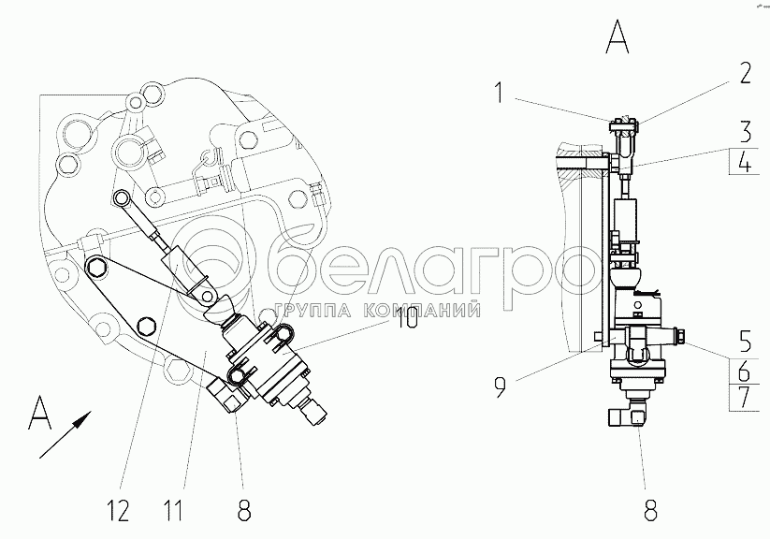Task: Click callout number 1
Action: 499,93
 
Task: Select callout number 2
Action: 745,74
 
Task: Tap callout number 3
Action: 746,131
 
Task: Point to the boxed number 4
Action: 746,161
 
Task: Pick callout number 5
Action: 746,342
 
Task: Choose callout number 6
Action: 745,371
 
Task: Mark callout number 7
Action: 746,398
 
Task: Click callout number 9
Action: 500,386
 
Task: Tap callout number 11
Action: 173,511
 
